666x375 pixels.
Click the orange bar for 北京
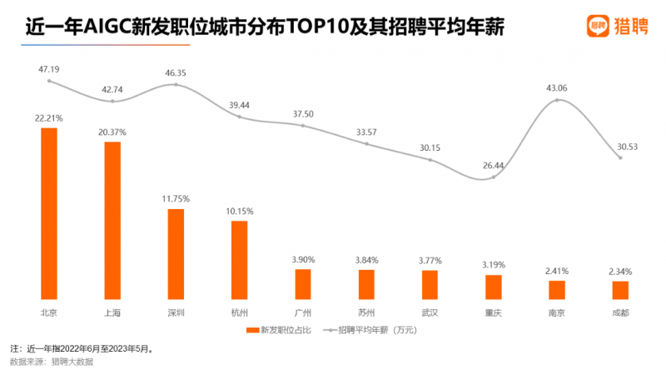pyautogui.click(x=49, y=213)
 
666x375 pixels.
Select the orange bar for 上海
pyautogui.click(x=112, y=221)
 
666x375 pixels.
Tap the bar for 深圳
pyautogui.click(x=176, y=254)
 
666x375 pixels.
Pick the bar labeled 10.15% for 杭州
pyautogui.click(x=239, y=260)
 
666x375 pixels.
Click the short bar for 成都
pyautogui.click(x=620, y=290)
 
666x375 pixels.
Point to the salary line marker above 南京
pyautogui.click(x=557, y=100)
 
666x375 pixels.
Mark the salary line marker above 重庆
pyautogui.click(x=494, y=177)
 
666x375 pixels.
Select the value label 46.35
pyautogui.click(x=176, y=73)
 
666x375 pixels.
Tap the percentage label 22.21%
pyautogui.click(x=50, y=117)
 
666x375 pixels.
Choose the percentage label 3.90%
pyautogui.click(x=302, y=259)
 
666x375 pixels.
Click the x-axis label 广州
pyautogui.click(x=302, y=312)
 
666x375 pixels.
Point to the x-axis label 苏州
pyautogui.click(x=366, y=312)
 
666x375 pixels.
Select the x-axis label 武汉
pyautogui.click(x=430, y=312)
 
